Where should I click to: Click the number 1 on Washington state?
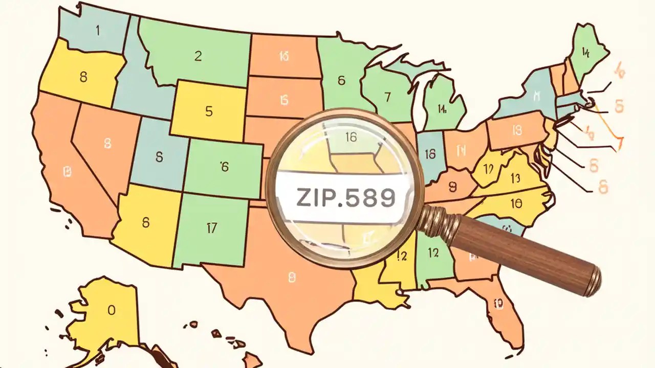tap(98, 30)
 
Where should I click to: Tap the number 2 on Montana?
tap(198, 57)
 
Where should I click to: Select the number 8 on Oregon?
tap(83, 78)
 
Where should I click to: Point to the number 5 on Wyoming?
tap(209, 111)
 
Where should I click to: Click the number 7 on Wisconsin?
tap(387, 96)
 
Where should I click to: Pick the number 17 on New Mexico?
tap(211, 228)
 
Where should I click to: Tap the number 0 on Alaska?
tap(112, 310)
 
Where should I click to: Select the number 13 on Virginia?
tap(515, 178)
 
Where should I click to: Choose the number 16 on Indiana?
tap(430, 153)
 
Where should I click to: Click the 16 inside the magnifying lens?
tap(351, 136)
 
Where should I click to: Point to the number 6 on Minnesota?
tap(341, 80)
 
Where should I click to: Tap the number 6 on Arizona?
tap(146, 222)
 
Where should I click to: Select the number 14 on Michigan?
tap(443, 108)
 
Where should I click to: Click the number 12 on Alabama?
tap(433, 252)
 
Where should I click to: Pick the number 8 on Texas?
tap(292, 278)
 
